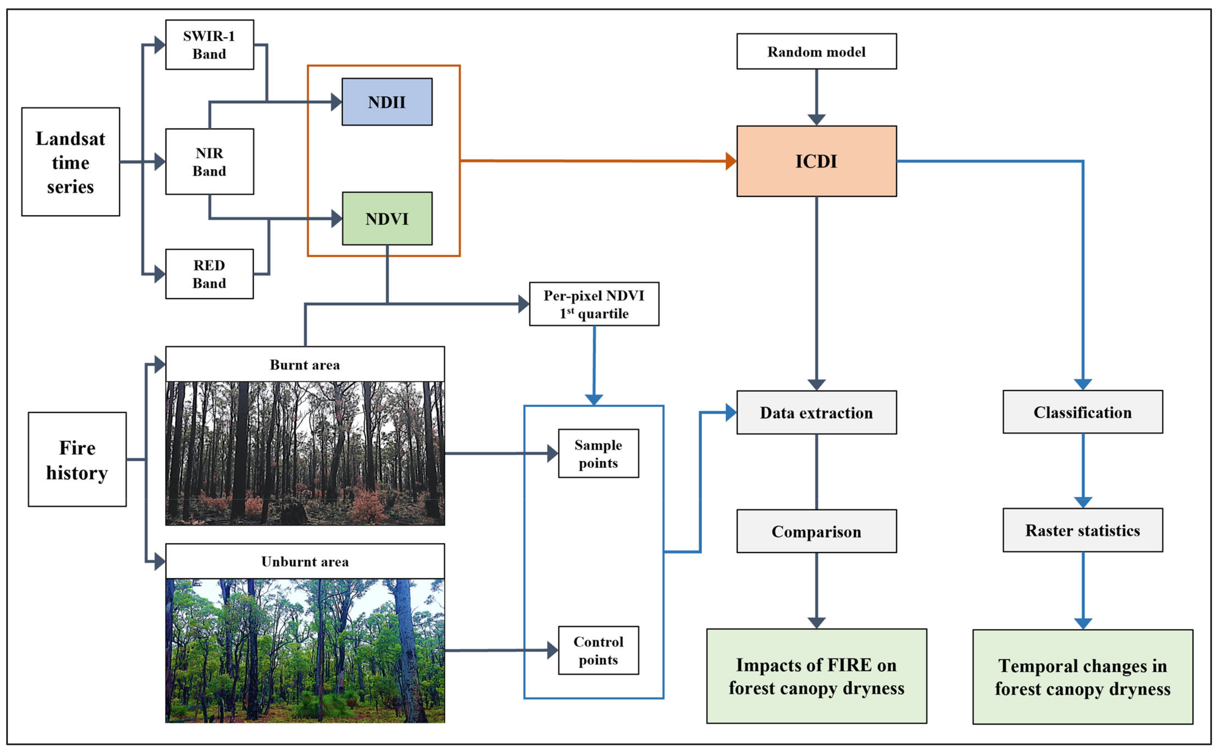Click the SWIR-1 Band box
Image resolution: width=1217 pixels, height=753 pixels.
point(210,45)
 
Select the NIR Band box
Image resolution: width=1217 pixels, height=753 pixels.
point(210,162)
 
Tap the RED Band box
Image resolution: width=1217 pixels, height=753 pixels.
point(210,274)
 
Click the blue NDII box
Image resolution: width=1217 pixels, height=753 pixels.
point(387,101)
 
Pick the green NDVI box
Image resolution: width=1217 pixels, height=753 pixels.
point(387,219)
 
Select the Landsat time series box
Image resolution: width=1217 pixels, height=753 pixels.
point(71,162)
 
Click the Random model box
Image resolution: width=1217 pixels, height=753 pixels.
point(816,51)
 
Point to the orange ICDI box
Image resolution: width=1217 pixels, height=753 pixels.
point(816,161)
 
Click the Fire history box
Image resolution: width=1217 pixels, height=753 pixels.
point(77,459)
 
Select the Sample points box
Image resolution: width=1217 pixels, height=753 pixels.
point(598,454)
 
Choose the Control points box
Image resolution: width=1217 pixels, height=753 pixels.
point(598,650)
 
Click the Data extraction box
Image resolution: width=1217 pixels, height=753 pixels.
point(816,412)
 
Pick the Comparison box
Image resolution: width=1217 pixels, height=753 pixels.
point(816,532)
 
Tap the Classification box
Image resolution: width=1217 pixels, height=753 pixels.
point(1083,412)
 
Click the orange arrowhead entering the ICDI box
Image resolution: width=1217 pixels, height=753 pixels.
point(731,161)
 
